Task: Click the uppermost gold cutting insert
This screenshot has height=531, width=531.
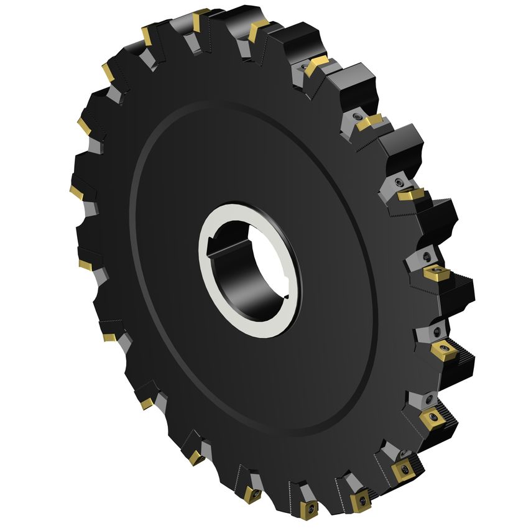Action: coord(201,18)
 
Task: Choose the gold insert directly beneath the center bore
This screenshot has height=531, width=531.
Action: coord(251,495)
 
